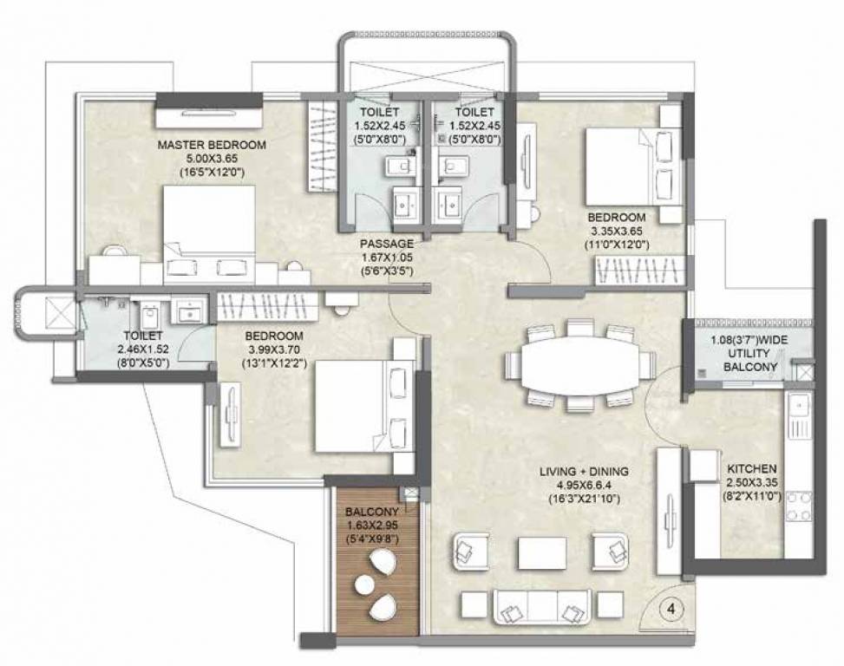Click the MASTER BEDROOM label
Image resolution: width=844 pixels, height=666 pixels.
(x=212, y=145)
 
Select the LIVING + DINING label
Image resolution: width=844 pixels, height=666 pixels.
(x=584, y=471)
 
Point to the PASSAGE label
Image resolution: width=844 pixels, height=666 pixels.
(x=387, y=244)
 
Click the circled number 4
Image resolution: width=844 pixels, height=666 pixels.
(x=671, y=609)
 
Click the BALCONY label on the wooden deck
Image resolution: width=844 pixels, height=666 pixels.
(x=371, y=513)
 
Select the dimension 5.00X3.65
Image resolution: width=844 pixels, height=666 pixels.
(x=212, y=159)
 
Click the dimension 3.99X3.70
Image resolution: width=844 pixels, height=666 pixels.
(x=273, y=349)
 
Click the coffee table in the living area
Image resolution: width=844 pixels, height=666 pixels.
(x=541, y=552)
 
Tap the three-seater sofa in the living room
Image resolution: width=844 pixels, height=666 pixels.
(x=542, y=607)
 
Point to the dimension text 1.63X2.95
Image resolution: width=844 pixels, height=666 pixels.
(x=371, y=526)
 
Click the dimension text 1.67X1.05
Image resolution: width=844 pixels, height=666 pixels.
(x=387, y=258)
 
